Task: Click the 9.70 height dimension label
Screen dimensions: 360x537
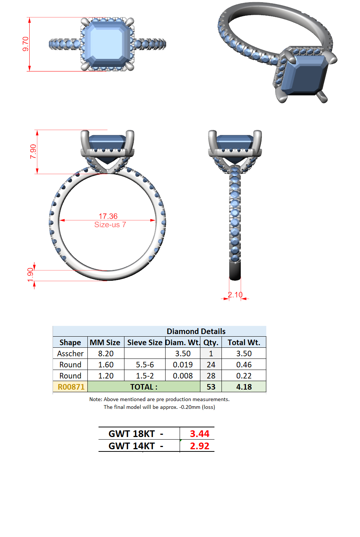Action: pyautogui.click(x=26, y=44)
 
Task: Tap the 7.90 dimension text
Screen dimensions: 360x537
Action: pyautogui.click(x=33, y=151)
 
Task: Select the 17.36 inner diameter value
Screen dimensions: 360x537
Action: pyautogui.click(x=108, y=216)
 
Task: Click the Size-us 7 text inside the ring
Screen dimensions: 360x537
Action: pyautogui.click(x=110, y=225)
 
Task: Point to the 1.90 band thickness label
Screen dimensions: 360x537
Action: pyautogui.click(x=30, y=275)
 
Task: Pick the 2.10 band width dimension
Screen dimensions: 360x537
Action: pyautogui.click(x=235, y=295)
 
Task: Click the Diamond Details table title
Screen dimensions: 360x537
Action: pyautogui.click(x=196, y=331)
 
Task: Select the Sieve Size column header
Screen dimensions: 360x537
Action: pyautogui.click(x=145, y=343)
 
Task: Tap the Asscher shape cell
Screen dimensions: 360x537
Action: pyautogui.click(x=70, y=354)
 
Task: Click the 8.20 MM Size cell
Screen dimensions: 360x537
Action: pyautogui.click(x=106, y=354)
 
